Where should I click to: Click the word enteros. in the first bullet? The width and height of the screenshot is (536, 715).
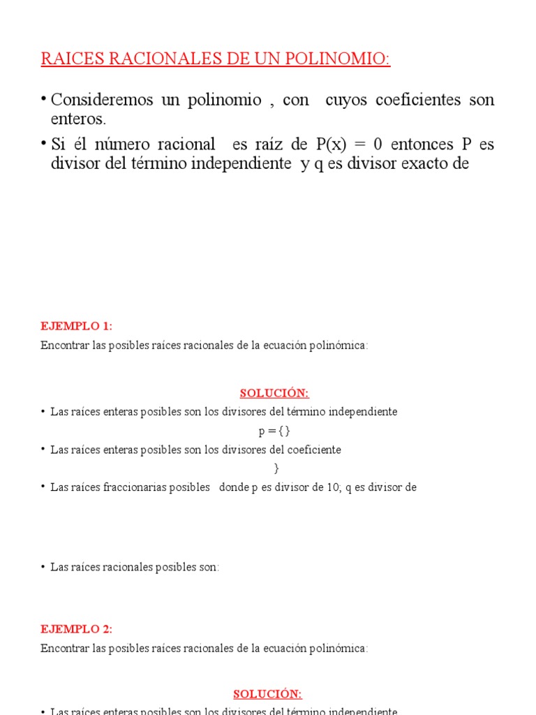tap(78, 119)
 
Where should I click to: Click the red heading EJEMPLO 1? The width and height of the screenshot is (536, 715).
tap(76, 326)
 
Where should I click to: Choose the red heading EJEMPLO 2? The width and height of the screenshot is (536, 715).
tap(76, 628)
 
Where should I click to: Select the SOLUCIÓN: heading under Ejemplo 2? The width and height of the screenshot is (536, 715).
tap(267, 693)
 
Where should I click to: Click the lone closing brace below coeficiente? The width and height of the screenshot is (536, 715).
tap(276, 469)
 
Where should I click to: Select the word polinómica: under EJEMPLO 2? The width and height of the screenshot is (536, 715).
tap(341, 648)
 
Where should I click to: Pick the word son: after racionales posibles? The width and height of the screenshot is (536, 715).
tap(209, 567)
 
